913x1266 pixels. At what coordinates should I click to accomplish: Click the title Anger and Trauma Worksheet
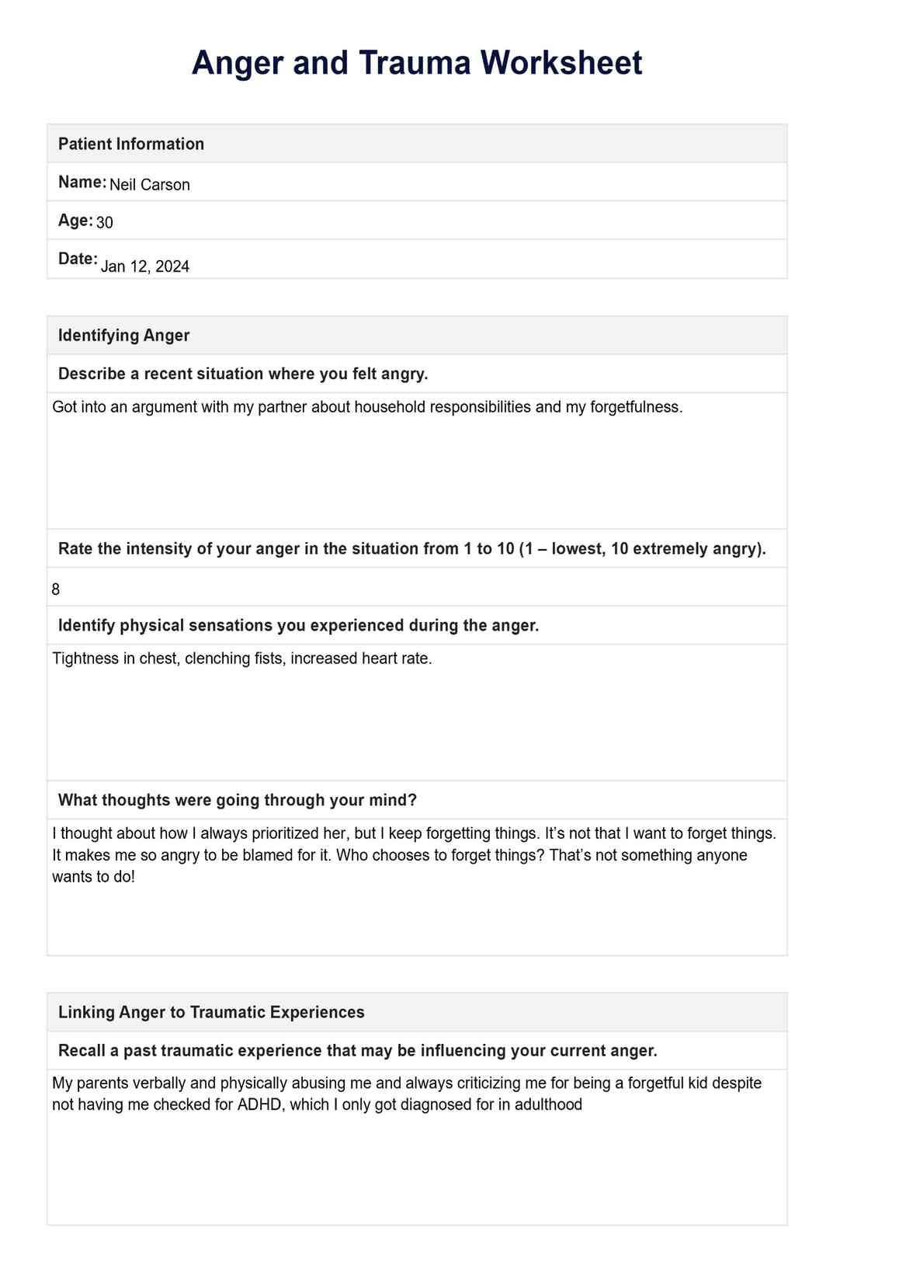(417, 63)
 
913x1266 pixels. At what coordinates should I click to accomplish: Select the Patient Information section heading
(131, 144)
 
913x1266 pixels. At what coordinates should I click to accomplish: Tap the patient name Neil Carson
(150, 185)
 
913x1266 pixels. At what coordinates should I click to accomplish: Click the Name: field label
(82, 182)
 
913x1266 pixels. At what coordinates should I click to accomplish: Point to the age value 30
(105, 223)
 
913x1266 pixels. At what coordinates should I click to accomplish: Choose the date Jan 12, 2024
(145, 266)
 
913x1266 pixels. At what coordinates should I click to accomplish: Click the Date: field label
(78, 259)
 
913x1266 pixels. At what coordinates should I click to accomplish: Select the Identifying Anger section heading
(124, 336)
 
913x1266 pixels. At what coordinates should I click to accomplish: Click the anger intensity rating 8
(56, 590)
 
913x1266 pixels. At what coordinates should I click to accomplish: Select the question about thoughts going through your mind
(238, 800)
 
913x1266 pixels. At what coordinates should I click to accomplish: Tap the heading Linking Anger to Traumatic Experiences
(211, 1012)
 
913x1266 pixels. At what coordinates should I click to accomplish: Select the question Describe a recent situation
(243, 374)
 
